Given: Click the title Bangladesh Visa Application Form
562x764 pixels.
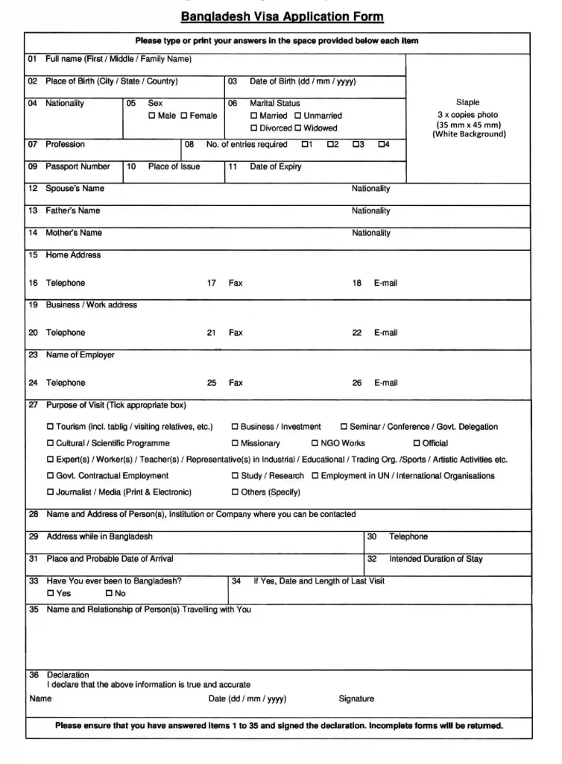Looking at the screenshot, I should coord(282,16).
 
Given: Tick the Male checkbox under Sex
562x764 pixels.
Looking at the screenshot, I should coord(152,116).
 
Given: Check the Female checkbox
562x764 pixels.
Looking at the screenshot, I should coord(183,116).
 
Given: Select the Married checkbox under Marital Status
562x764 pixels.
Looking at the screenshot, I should coord(254,116).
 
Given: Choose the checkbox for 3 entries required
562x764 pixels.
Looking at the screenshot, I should coord(356,145).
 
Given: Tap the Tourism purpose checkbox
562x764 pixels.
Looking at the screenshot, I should coord(51,428).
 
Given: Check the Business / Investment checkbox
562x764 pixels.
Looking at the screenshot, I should coord(235,428).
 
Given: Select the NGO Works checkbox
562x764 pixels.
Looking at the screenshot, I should coord(315,444).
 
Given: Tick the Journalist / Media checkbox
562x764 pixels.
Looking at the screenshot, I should coord(51,492).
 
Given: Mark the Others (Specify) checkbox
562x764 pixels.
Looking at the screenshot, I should coord(235,492).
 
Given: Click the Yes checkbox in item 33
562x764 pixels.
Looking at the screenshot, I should coord(51,594).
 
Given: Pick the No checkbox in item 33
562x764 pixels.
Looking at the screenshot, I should coord(109,594).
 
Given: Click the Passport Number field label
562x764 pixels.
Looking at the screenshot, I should coord(78,167).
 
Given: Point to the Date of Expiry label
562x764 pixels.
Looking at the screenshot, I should coord(275,167).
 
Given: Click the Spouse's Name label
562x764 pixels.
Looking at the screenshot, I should coord(75,189).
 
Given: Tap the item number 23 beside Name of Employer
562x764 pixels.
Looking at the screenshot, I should coord(33,355).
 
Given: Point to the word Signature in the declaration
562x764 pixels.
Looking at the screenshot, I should coord(356,699).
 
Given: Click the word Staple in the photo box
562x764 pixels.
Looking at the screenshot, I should coord(468,102).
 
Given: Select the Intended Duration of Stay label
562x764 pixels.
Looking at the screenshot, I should coord(435,559).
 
